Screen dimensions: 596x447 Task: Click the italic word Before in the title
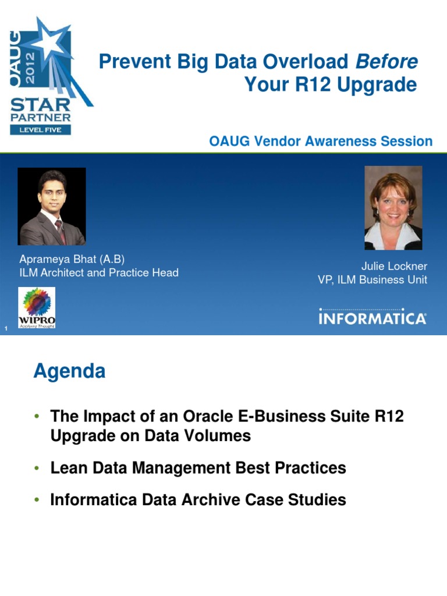[386, 61]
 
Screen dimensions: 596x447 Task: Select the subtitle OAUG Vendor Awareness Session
[321, 141]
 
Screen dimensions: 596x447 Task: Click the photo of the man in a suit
[52, 207]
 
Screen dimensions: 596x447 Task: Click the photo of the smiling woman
[393, 208]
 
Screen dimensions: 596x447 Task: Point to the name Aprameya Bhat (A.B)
[72, 259]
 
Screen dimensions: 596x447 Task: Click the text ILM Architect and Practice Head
[99, 272]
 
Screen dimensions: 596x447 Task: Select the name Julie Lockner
[394, 266]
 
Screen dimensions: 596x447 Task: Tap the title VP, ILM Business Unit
[372, 279]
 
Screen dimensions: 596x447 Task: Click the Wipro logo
[37, 307]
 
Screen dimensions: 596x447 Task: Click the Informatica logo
[372, 317]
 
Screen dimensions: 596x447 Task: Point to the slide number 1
[5, 331]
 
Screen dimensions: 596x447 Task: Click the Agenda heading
[69, 371]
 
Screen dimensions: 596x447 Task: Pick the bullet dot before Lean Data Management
[37, 468]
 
